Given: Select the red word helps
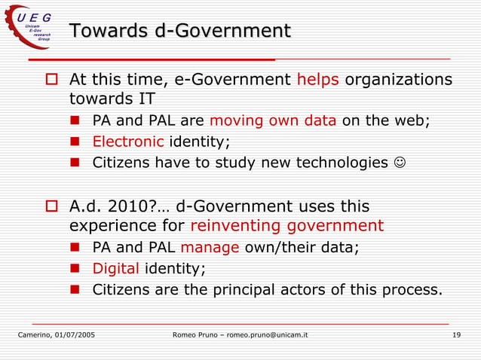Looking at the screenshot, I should click(318, 80).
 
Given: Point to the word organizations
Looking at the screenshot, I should click(399, 80).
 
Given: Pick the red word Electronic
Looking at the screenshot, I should click(128, 142).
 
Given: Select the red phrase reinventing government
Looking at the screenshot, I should click(286, 225).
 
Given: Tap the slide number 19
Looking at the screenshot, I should click(456, 334).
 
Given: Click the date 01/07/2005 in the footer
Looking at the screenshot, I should click(78, 334).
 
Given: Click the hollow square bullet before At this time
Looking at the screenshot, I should click(53, 80).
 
